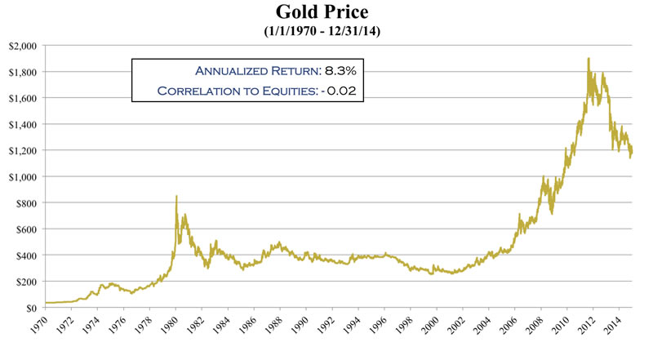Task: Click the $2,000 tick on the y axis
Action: click(x=23, y=46)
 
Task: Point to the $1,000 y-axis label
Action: click(x=23, y=176)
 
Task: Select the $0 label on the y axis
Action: click(x=32, y=308)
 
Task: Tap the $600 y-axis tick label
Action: click(x=27, y=229)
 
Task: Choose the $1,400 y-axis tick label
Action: click(x=23, y=124)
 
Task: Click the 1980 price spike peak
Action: click(x=176, y=196)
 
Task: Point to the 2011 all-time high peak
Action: click(x=588, y=58)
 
